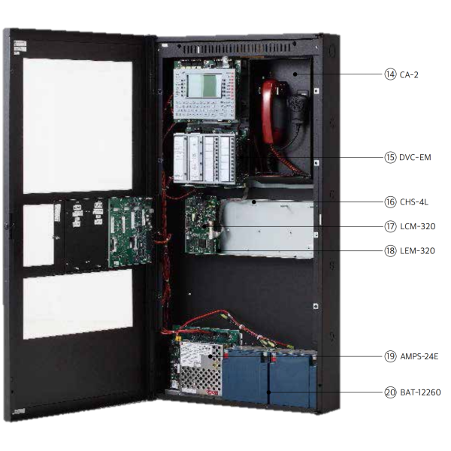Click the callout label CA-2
click(x=409, y=74)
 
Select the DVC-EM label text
click(x=415, y=158)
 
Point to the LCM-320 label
click(x=416, y=225)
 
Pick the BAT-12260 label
click(x=419, y=392)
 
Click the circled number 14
click(x=390, y=74)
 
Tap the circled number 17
click(x=390, y=225)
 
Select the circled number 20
click(x=390, y=392)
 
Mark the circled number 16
click(x=390, y=201)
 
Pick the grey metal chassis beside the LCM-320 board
click(x=266, y=228)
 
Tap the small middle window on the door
click(x=38, y=235)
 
